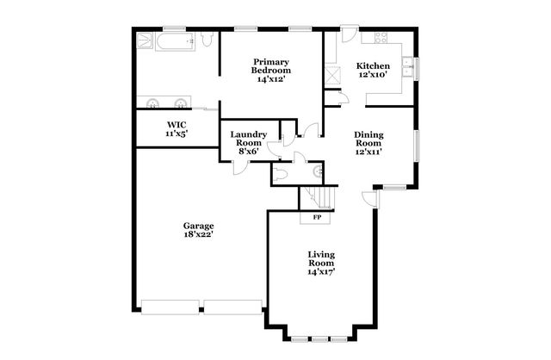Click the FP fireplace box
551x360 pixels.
(x=316, y=217)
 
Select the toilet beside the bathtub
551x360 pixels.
(x=207, y=40)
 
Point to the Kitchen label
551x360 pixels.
(x=373, y=66)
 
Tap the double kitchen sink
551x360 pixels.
(x=413, y=67)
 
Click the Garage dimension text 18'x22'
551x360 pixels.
(x=198, y=234)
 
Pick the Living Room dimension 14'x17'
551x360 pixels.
(x=322, y=271)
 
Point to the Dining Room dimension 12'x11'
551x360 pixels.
(x=368, y=151)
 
